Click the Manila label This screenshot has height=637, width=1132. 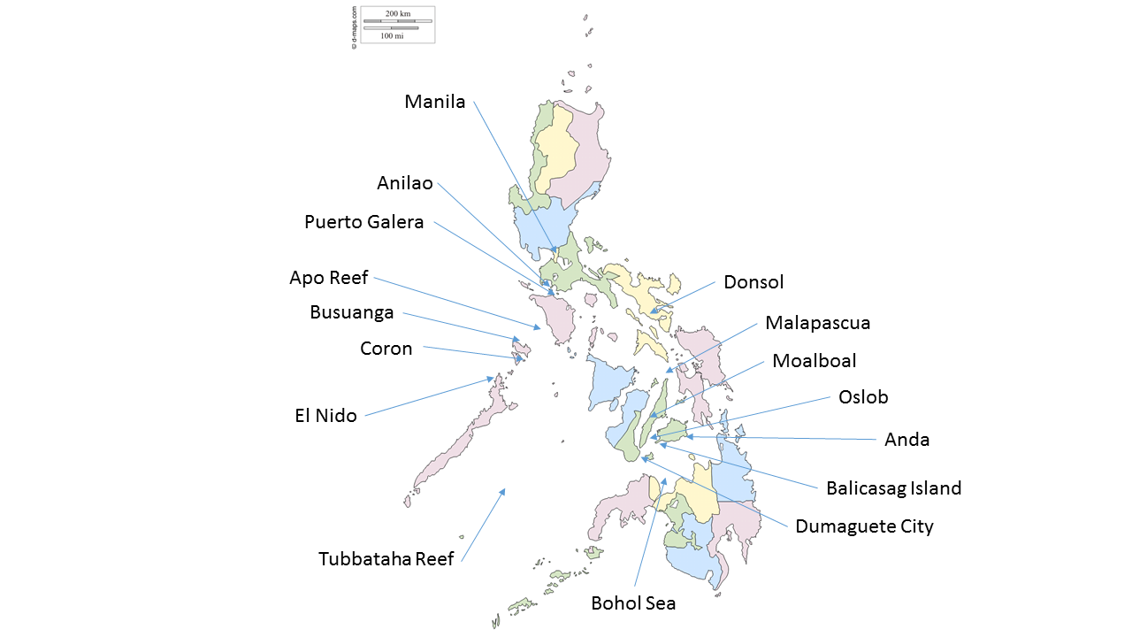pos(434,102)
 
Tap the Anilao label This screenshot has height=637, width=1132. pos(405,183)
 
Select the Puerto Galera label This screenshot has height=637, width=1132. pos(363,222)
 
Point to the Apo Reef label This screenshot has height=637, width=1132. pos(328,278)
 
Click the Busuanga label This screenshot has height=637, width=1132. pos(351,312)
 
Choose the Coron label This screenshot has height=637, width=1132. pos(386,349)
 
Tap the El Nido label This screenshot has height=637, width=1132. pos(325,416)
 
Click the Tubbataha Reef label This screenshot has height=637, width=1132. pos(386,559)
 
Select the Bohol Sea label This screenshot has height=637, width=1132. pos(633,603)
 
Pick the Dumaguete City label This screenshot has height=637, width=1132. pos(864,526)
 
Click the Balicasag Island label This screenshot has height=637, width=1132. pos(893,487)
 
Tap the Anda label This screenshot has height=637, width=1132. pos(906,440)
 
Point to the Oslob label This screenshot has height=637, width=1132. pos(863,397)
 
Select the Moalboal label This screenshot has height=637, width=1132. pos(814,361)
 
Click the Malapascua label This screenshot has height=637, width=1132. pos(817,323)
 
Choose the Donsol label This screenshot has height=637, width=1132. pos(753,282)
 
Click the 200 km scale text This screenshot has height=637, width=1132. pos(398,13)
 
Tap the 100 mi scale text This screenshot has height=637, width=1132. pos(392,36)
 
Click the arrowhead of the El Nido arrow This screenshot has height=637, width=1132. pos(493,379)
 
